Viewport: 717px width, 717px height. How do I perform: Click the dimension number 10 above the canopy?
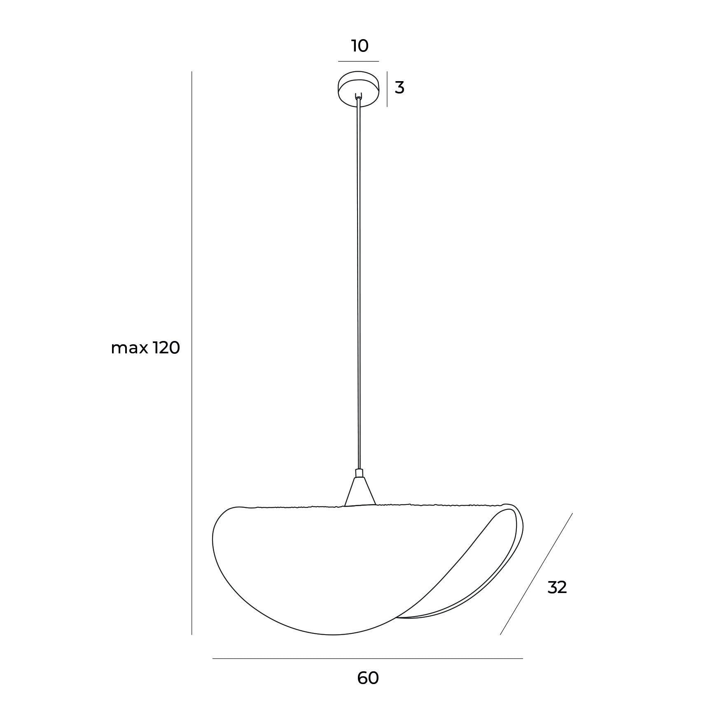[x=360, y=46]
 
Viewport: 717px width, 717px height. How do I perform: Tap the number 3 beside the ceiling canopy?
[x=399, y=88]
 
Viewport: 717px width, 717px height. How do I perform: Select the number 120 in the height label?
[x=167, y=348]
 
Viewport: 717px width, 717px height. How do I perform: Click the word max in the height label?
[x=130, y=350]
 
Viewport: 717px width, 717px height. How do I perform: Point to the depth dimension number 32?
[x=557, y=588]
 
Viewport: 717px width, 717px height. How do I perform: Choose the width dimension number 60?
[x=368, y=678]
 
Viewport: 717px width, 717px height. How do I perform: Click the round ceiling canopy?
[x=358, y=89]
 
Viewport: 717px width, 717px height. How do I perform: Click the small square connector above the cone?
[x=359, y=473]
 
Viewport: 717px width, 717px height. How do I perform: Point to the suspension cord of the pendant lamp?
[x=359, y=284]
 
